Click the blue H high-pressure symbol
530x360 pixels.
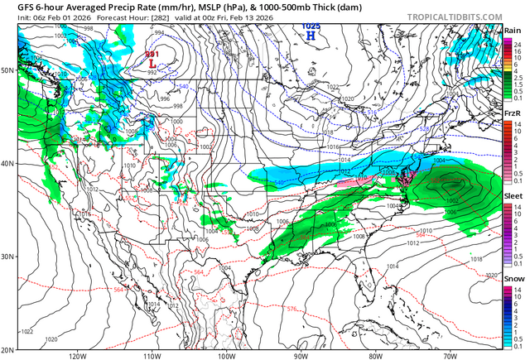point(311,36)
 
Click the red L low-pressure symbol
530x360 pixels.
point(152,62)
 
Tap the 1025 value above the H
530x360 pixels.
point(311,26)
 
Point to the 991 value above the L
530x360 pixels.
point(152,54)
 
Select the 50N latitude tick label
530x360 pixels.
point(7,70)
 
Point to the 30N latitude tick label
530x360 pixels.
point(7,257)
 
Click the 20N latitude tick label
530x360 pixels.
point(7,349)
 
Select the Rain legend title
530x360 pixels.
point(513,30)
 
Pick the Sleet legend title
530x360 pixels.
point(513,199)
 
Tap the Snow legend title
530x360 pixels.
point(513,280)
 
